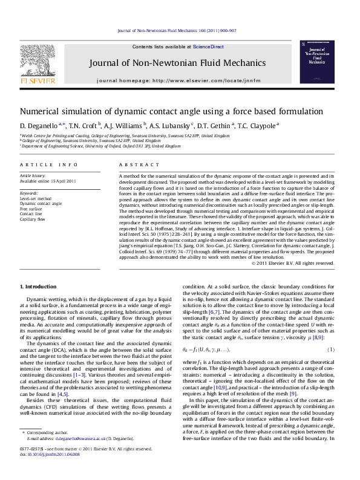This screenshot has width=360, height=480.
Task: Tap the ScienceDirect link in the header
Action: point(208,47)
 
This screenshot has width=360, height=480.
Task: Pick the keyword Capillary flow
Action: point(33,220)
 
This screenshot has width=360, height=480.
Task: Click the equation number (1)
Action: point(331,349)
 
